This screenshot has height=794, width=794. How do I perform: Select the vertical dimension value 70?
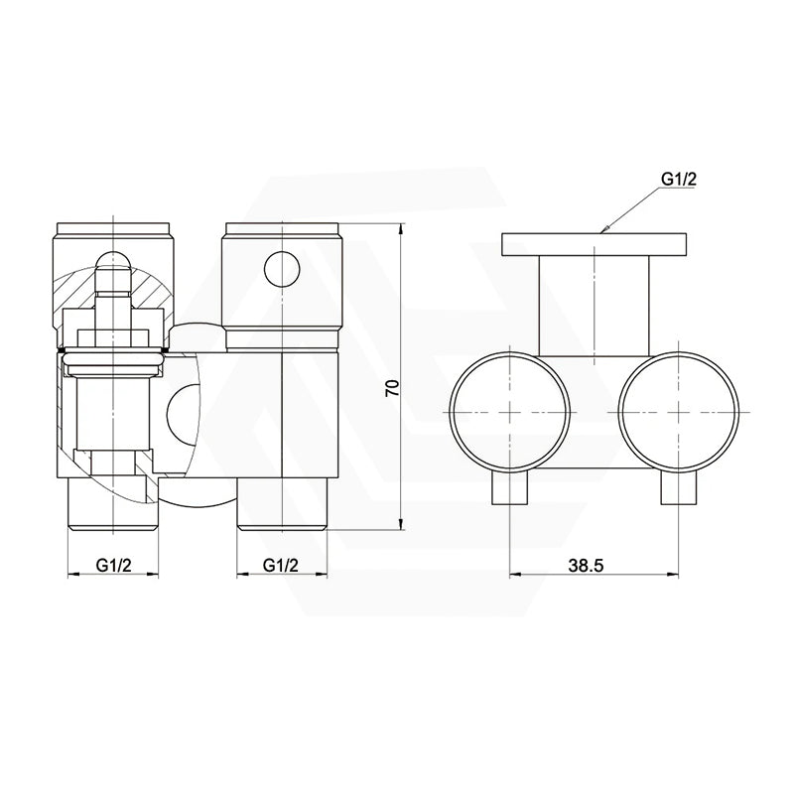pyautogui.click(x=391, y=388)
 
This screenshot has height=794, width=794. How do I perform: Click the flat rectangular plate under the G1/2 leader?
pyautogui.click(x=594, y=243)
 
